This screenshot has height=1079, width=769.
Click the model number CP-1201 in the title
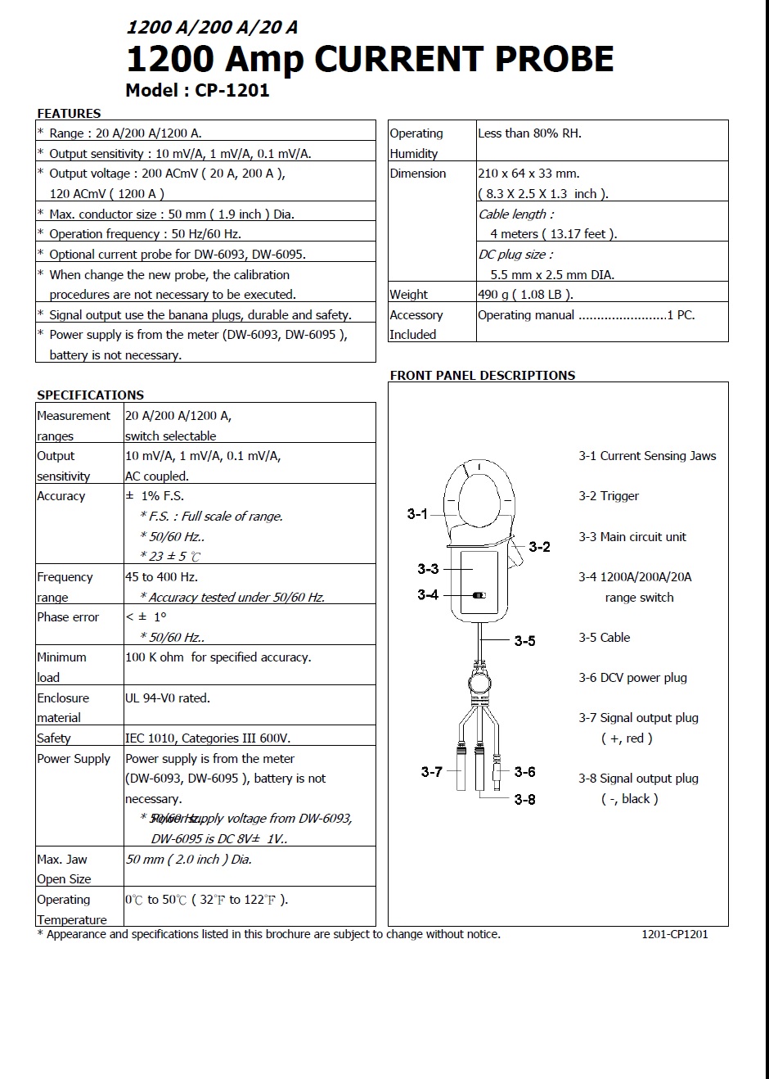(232, 91)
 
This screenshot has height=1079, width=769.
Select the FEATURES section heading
(69, 114)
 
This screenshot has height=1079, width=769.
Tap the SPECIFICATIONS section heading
(90, 395)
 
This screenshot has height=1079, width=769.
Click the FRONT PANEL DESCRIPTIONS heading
(482, 376)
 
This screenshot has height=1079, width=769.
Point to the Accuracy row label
(61, 496)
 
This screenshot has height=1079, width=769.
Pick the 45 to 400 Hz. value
(161, 577)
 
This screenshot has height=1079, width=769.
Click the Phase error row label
(68, 617)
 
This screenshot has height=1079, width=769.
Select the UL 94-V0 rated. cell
(168, 698)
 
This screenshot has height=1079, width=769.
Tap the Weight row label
(408, 295)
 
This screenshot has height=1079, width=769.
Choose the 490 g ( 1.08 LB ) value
(525, 295)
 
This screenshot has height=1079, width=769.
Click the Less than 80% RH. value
(529, 133)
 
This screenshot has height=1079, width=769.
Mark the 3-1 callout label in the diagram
(417, 514)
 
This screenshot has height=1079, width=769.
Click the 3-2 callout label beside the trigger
(540, 547)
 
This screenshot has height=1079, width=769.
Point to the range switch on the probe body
(479, 595)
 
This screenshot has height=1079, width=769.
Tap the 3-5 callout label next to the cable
(524, 641)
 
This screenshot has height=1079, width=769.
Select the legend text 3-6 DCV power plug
(632, 678)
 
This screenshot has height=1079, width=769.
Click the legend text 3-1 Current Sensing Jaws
(647, 456)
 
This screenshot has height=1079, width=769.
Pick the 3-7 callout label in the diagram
(431, 772)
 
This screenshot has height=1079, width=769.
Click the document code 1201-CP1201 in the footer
(674, 934)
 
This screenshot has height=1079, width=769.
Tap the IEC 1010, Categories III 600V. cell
(208, 738)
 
